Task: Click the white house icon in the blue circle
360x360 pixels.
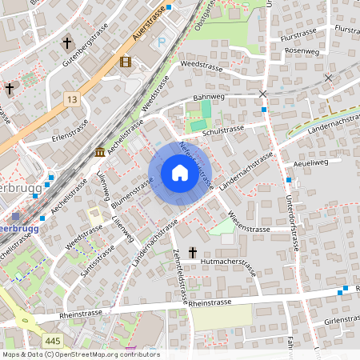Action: click(x=179, y=173)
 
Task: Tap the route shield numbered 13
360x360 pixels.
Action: click(x=73, y=98)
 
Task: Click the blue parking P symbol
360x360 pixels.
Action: click(x=162, y=42)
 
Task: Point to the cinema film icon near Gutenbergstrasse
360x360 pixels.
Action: click(x=126, y=61)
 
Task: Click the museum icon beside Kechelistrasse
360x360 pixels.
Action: click(x=100, y=152)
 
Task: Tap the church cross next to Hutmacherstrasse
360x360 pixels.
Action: click(x=192, y=252)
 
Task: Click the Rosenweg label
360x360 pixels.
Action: click(x=301, y=50)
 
